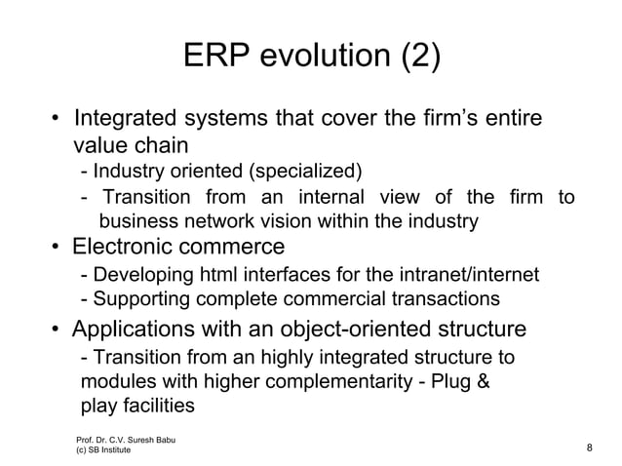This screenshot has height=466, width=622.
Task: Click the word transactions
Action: point(448,297)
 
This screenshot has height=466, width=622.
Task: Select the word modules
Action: point(113,381)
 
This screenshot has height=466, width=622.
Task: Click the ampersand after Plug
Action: point(481,381)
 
